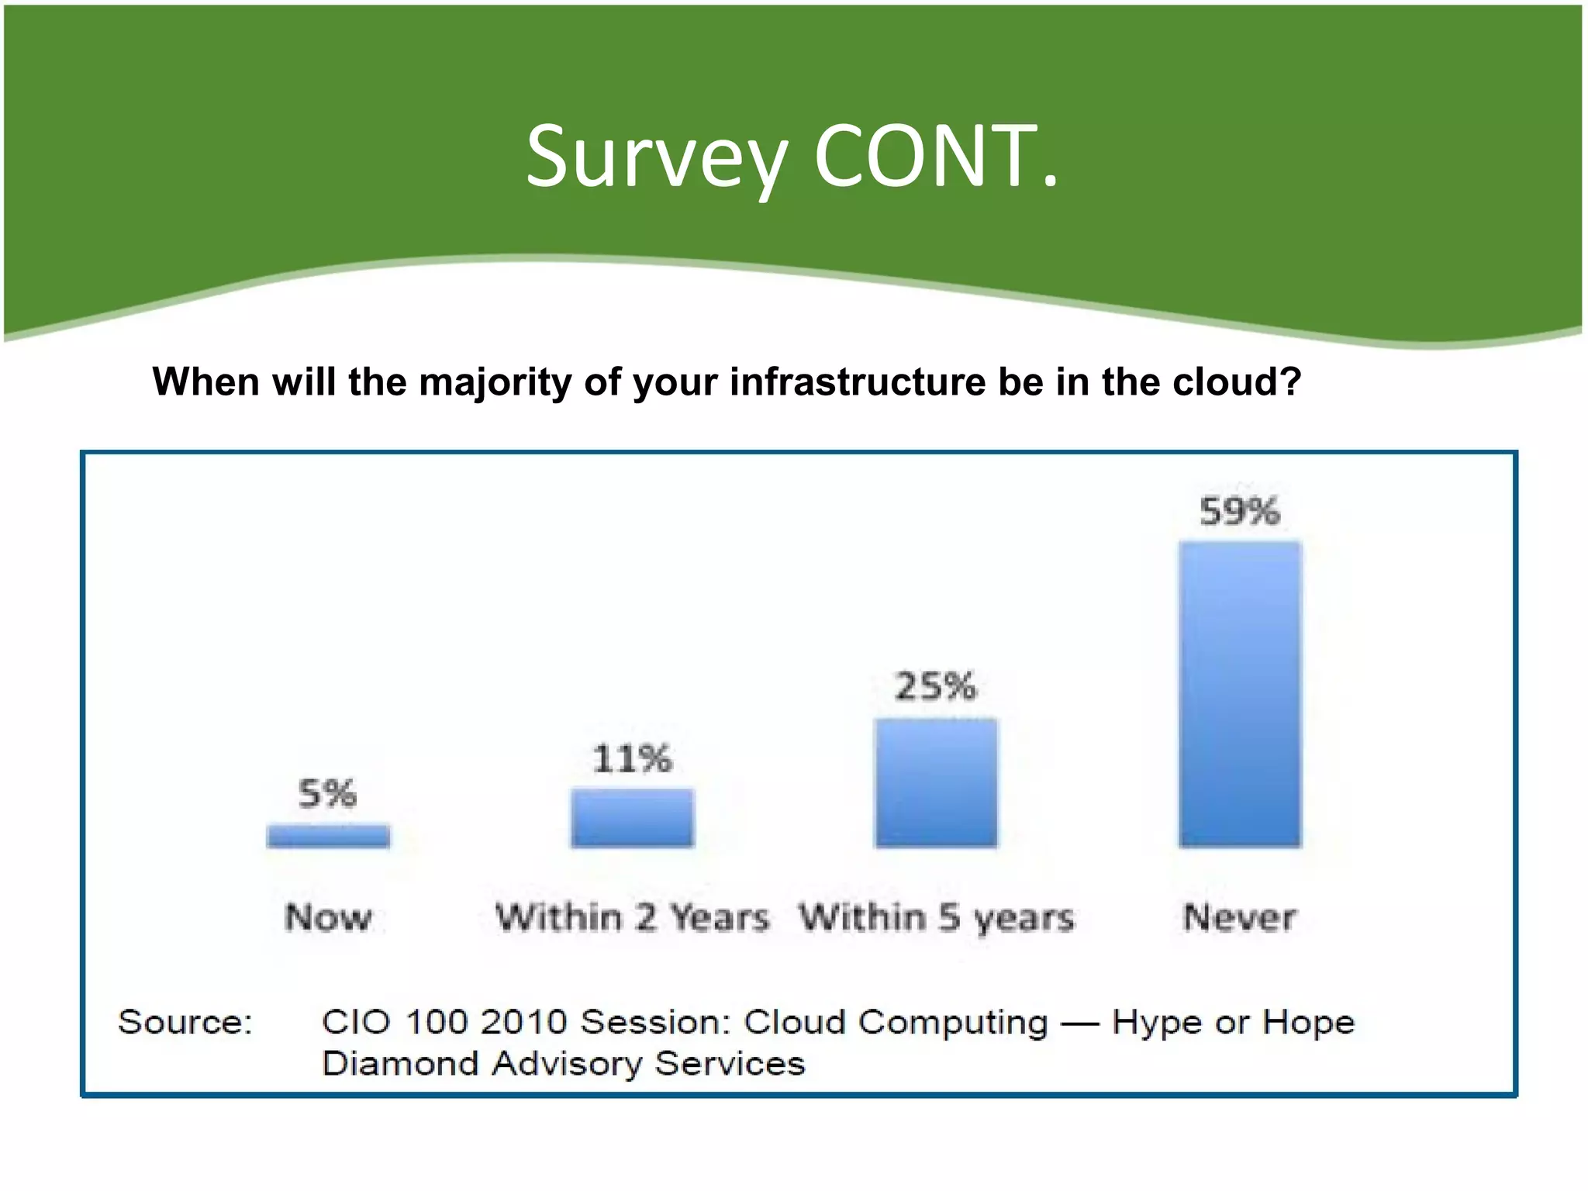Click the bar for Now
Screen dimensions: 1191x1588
[x=328, y=836]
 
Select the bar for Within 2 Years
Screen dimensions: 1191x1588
[x=632, y=817]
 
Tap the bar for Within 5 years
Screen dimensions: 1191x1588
[x=936, y=782]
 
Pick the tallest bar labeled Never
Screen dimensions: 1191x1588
[x=1240, y=694]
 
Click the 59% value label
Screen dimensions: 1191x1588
[x=1239, y=512]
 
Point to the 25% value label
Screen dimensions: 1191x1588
[x=935, y=687]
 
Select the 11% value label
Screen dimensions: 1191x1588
[x=632, y=758]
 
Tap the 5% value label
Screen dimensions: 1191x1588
[x=327, y=794]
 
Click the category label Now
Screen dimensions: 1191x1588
[x=328, y=918]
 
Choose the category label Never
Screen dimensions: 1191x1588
[x=1239, y=918]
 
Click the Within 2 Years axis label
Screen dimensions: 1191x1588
[x=632, y=918]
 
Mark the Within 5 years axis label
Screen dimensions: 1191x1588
[x=937, y=918]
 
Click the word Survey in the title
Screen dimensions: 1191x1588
[x=656, y=159]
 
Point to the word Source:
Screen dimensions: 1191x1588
[x=185, y=1022]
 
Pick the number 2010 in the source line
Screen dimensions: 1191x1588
[x=523, y=1022]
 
